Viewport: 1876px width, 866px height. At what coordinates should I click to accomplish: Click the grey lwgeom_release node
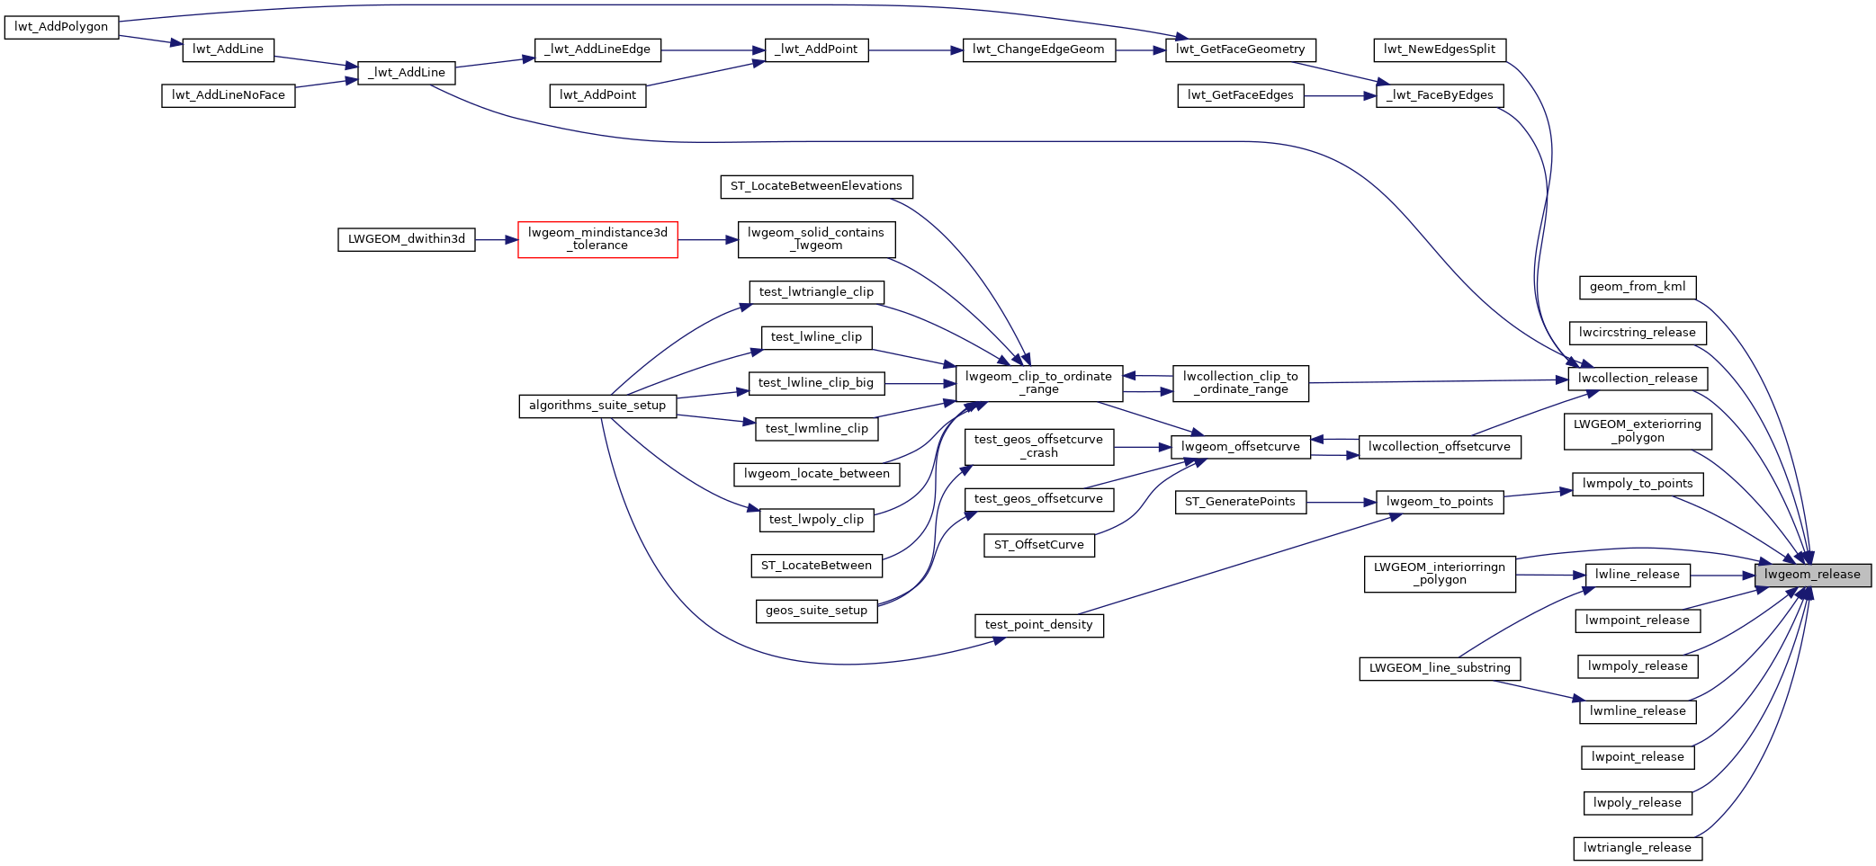[x=1812, y=576]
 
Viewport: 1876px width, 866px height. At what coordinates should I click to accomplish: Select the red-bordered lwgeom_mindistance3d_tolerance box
[x=597, y=239]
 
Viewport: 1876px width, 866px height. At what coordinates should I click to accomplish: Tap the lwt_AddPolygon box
[x=61, y=27]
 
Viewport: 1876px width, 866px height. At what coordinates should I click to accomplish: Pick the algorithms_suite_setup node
[x=597, y=406]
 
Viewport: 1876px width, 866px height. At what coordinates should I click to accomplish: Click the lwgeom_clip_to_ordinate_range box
[x=1038, y=383]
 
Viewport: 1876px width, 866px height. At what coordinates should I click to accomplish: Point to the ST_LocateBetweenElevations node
[x=816, y=187]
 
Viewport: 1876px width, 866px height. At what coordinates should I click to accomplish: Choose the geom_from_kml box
[x=1638, y=288]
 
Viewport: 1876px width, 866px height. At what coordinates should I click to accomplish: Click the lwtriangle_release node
[x=1638, y=848]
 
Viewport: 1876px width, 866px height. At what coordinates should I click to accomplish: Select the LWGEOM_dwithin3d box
[x=407, y=239]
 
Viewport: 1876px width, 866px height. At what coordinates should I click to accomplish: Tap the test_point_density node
[x=1038, y=625]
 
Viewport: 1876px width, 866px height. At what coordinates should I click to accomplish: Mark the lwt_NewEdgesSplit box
[x=1440, y=50]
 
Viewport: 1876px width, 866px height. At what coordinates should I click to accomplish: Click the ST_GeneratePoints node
[x=1240, y=502]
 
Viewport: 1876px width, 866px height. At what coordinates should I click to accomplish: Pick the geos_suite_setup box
[x=816, y=611]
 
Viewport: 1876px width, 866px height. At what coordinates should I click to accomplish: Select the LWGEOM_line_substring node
[x=1440, y=668]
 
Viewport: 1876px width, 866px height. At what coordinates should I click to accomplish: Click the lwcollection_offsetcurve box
[x=1440, y=447]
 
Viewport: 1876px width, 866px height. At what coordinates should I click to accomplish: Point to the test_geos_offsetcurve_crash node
[x=1038, y=446]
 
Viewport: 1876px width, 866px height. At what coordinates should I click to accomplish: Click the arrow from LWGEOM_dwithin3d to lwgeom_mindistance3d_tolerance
[x=496, y=240]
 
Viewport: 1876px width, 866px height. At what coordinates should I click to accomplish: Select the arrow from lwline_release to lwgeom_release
[x=1722, y=576]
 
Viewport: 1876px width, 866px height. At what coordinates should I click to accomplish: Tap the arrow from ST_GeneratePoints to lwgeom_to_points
[x=1341, y=503]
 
